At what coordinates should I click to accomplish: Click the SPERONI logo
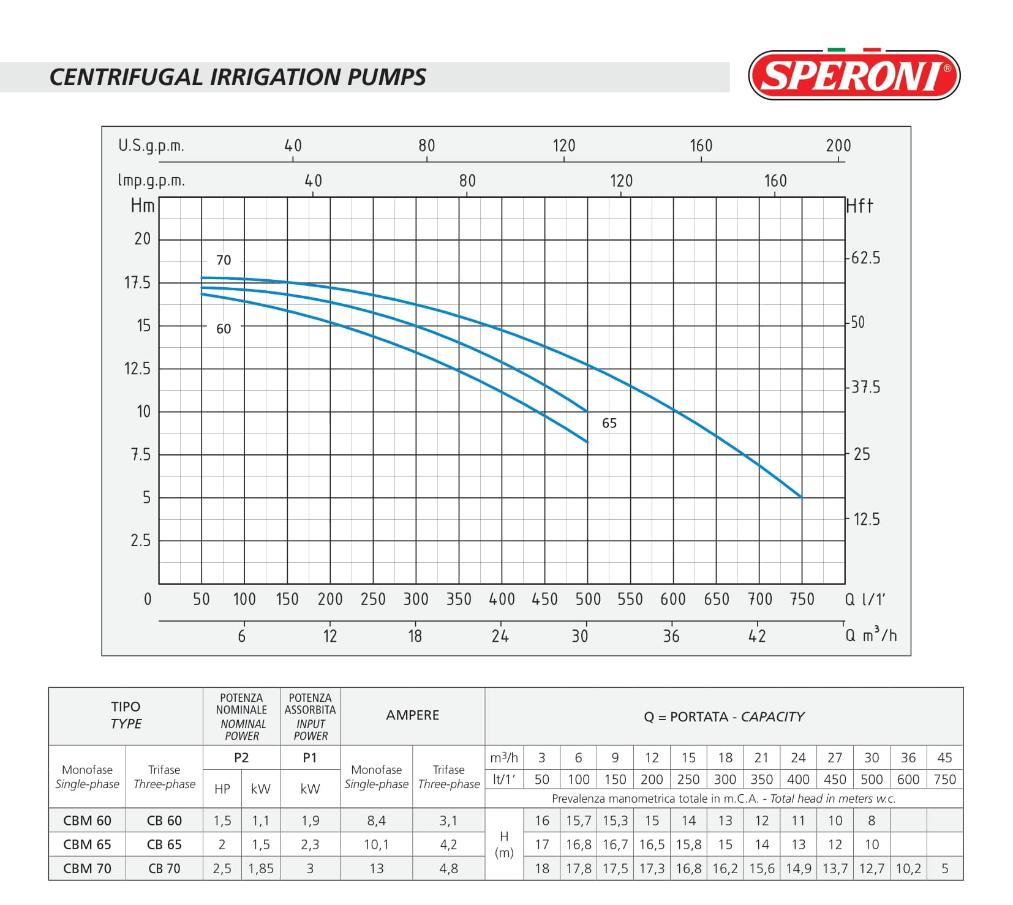pyautogui.click(x=854, y=75)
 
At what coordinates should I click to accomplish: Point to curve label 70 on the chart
pyautogui.click(x=224, y=260)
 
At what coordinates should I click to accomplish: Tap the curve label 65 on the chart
pyautogui.click(x=609, y=423)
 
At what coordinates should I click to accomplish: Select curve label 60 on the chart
pyautogui.click(x=224, y=329)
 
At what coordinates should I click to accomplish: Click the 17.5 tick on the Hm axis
pyautogui.click(x=137, y=283)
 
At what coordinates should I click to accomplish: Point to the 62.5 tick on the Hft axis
pyautogui.click(x=865, y=258)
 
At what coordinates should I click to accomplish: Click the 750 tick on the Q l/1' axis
pyautogui.click(x=802, y=599)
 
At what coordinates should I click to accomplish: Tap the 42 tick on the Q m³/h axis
pyautogui.click(x=757, y=636)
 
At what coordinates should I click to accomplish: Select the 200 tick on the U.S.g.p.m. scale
pyautogui.click(x=838, y=146)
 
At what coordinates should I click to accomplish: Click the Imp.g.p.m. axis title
pyautogui.click(x=151, y=181)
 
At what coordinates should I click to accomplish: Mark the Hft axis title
pyautogui.click(x=859, y=206)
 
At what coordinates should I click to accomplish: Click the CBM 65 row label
pyautogui.click(x=87, y=844)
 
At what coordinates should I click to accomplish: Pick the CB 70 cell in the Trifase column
pyautogui.click(x=164, y=868)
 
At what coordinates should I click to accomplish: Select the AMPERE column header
pyautogui.click(x=412, y=715)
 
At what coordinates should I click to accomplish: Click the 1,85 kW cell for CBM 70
pyautogui.click(x=261, y=868)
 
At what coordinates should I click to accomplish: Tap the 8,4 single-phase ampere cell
pyautogui.click(x=376, y=821)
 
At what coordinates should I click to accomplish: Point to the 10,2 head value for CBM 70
pyautogui.click(x=908, y=868)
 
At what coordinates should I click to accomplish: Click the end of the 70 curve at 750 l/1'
pyautogui.click(x=802, y=497)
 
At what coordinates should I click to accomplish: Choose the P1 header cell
pyautogui.click(x=310, y=757)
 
